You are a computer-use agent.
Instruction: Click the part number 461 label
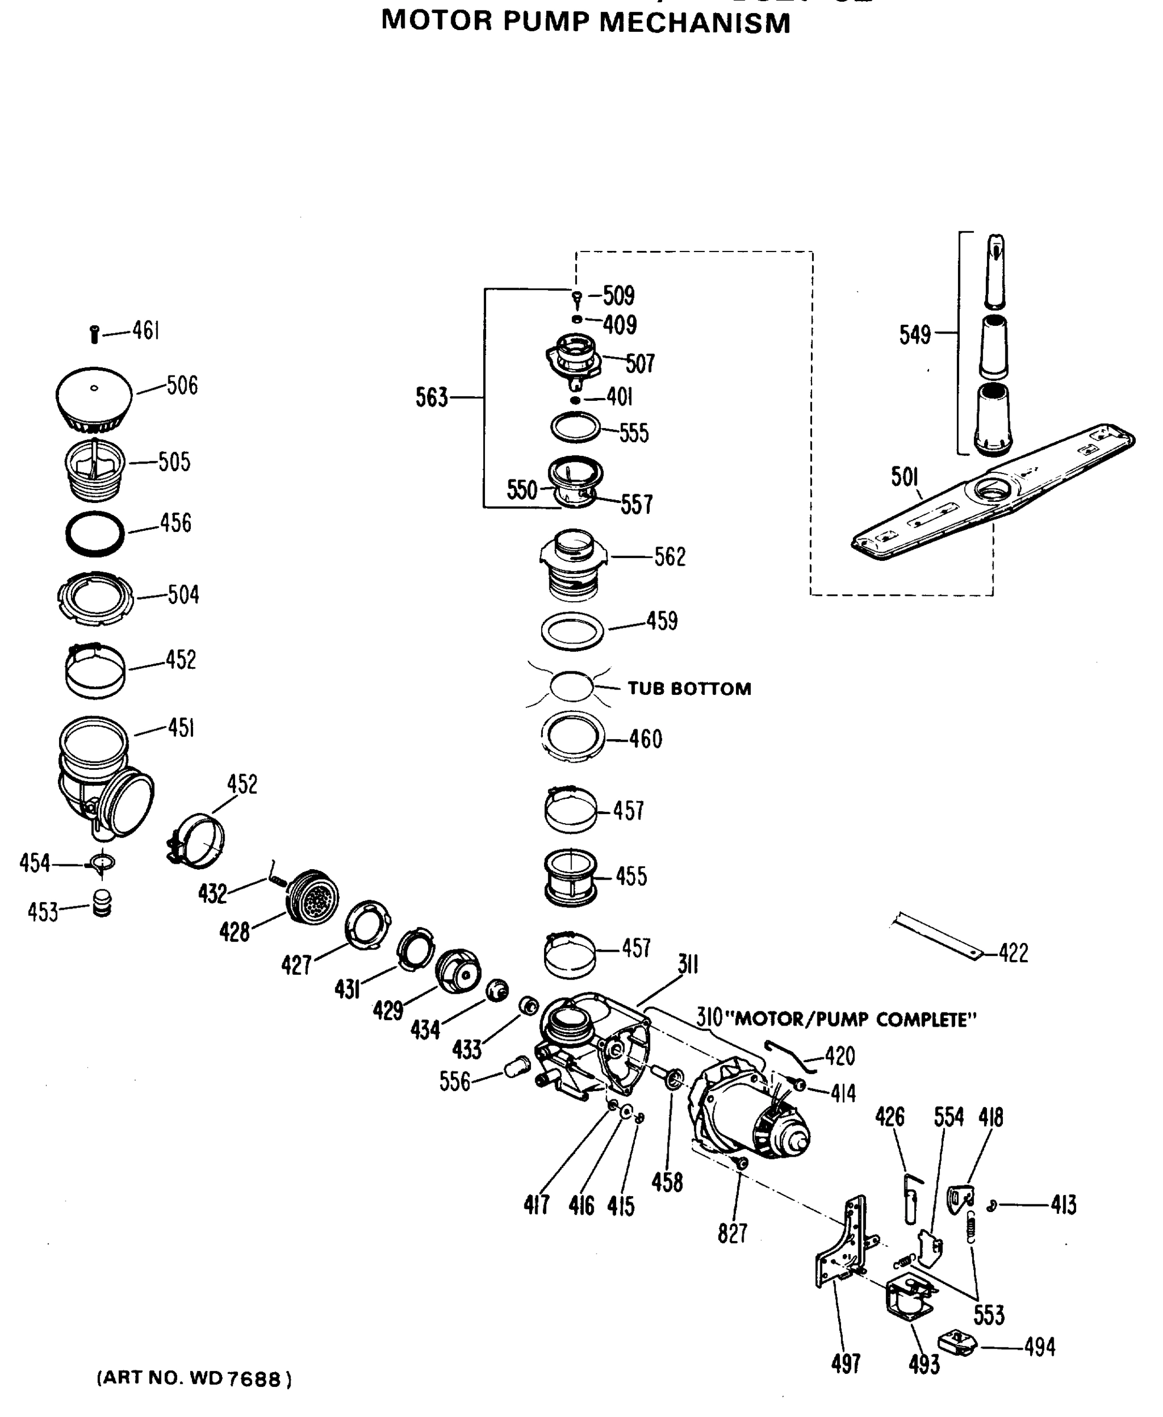[x=145, y=330]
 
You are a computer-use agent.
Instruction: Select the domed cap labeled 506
[x=94, y=399]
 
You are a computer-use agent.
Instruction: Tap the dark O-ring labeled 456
[x=95, y=534]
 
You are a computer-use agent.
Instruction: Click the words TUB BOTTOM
[x=689, y=689]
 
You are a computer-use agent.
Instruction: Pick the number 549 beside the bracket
[x=914, y=334]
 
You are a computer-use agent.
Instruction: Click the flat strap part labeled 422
[x=938, y=935]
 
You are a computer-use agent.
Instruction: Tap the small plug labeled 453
[x=102, y=903]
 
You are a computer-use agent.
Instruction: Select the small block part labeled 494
[x=958, y=1343]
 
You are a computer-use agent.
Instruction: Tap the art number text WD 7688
[x=234, y=1379]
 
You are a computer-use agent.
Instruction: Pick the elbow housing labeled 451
[x=100, y=777]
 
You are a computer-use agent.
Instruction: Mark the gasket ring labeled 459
[x=572, y=631]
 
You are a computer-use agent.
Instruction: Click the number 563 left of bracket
[x=431, y=397]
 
